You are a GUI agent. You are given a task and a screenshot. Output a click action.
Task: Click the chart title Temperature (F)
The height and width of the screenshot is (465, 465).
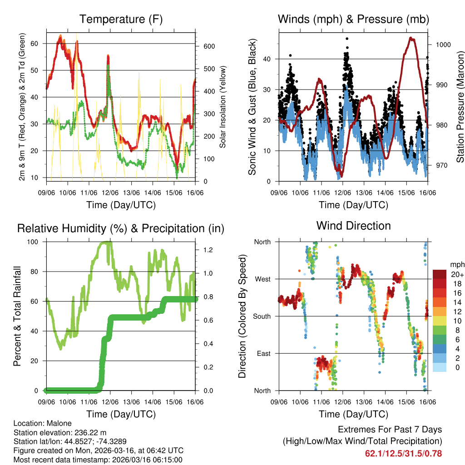pos(121,20)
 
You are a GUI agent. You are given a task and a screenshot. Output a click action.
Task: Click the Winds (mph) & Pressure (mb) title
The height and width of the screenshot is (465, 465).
pos(353,20)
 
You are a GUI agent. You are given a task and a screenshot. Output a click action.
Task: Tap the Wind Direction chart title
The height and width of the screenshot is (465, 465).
pos(353,226)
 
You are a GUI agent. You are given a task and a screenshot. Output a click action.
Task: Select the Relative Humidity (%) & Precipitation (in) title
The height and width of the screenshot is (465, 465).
pos(121,228)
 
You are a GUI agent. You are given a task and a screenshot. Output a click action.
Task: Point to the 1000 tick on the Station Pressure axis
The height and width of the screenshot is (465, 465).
pos(443,45)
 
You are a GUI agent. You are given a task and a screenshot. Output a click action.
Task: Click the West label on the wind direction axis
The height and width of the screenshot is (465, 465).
pos(262,279)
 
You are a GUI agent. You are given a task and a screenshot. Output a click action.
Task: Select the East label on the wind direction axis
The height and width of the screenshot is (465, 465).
pos(262,353)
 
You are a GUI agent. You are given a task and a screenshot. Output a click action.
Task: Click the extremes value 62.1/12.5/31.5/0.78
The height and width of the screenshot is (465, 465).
pos(403,453)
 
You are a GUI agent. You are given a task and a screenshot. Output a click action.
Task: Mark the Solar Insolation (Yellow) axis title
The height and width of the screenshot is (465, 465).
pos(223,107)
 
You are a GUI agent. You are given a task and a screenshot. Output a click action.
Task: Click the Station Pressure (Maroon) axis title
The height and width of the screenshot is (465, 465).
pos(460,107)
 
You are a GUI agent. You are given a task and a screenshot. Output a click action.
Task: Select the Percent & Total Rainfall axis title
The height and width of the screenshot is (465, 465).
pos(17,316)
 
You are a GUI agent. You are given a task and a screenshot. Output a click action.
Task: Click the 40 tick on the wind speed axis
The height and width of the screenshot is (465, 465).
pos(267,59)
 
